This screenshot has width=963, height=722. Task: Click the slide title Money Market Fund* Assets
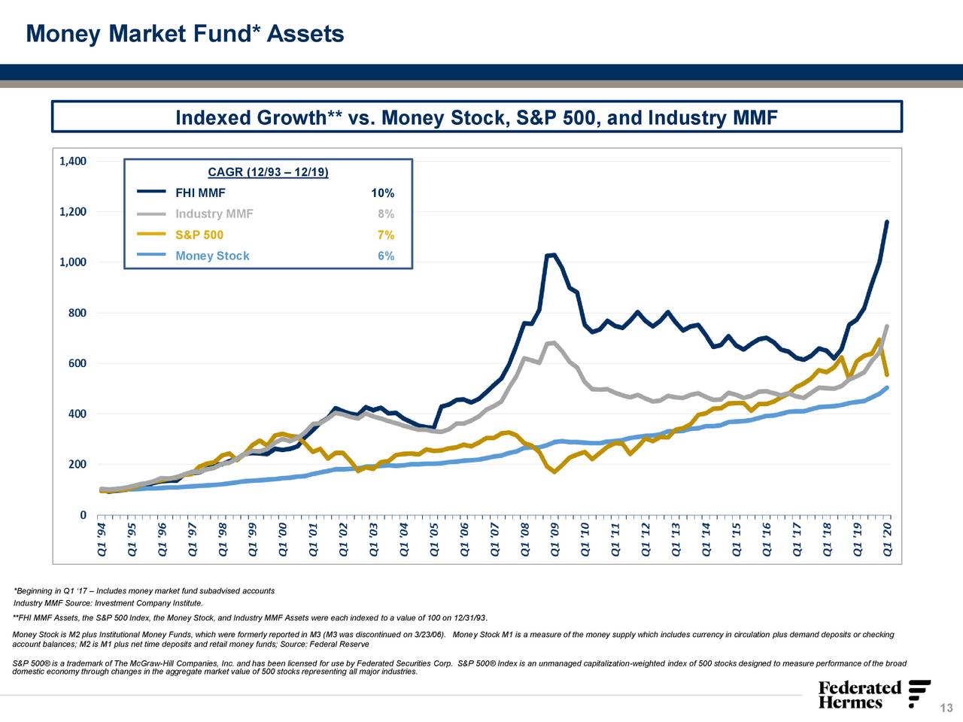point(185,34)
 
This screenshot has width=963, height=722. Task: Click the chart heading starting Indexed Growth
point(475,118)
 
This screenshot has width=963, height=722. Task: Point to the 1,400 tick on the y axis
point(72,161)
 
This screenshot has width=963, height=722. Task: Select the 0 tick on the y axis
point(83,515)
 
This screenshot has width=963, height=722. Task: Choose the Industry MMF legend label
point(214,214)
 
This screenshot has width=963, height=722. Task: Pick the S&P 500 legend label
point(199,235)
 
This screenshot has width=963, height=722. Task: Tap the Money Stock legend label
point(212,256)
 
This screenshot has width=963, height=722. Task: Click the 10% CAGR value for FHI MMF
point(382,193)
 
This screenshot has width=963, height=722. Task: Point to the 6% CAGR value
point(385,256)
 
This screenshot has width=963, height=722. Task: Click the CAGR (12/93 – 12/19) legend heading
point(268,173)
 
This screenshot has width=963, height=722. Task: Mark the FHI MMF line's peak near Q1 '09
point(554,255)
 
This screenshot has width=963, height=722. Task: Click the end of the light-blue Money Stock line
point(887,388)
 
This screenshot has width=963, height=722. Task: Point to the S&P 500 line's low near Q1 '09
point(554,472)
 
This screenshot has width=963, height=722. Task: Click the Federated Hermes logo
point(873,695)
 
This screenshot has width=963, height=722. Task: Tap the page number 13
point(946,708)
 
